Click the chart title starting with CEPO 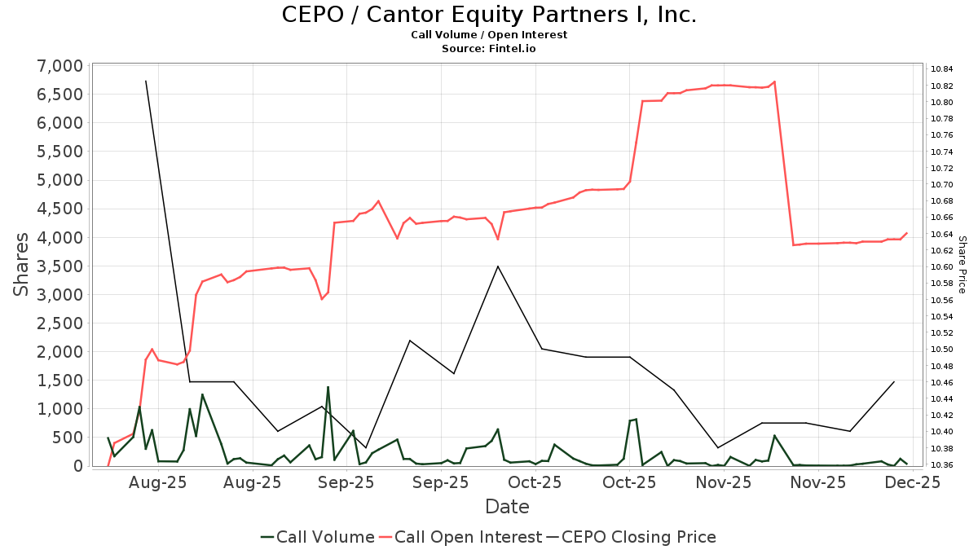click(x=489, y=15)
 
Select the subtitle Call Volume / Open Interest click(x=489, y=35)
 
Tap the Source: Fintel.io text click(x=489, y=49)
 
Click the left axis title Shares click(x=23, y=264)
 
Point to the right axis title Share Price click(x=962, y=264)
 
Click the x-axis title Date click(x=507, y=507)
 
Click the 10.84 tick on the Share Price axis click(x=942, y=69)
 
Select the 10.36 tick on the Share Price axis click(x=942, y=464)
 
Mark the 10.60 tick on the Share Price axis click(x=942, y=267)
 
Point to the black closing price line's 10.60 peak click(x=498, y=266)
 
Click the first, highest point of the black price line click(x=146, y=81)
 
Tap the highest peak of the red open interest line click(x=774, y=81)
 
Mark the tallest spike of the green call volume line click(x=328, y=387)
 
